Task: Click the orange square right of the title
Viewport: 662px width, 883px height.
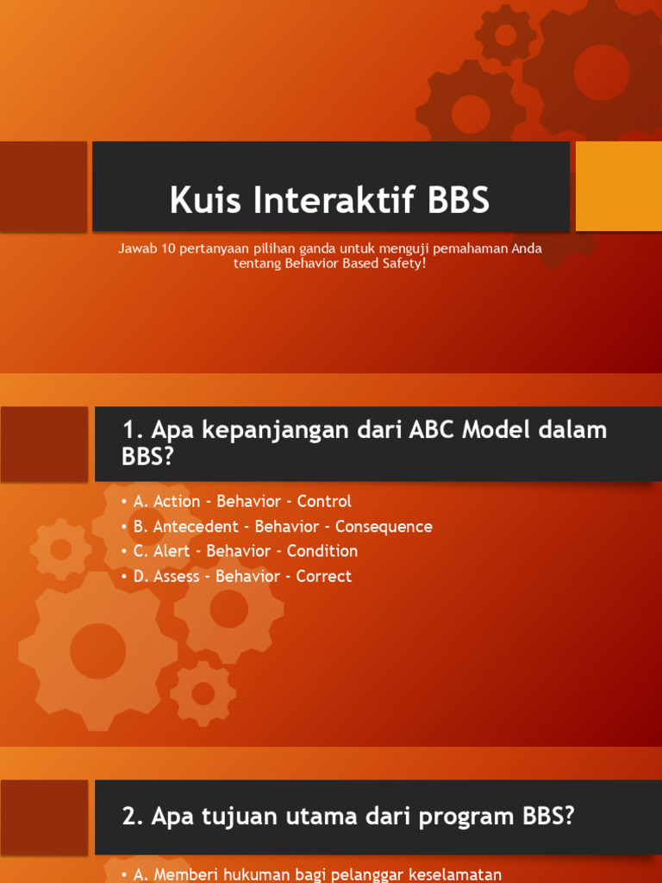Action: click(x=618, y=186)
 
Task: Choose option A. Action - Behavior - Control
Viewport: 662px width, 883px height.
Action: click(x=241, y=501)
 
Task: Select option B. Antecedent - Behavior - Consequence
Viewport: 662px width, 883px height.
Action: click(x=282, y=526)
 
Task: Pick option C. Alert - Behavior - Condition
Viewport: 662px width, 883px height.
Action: click(x=245, y=551)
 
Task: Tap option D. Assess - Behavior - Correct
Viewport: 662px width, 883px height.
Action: click(x=241, y=576)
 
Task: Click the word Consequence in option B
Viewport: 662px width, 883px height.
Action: click(x=384, y=526)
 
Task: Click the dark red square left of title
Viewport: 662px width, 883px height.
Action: click(x=43, y=186)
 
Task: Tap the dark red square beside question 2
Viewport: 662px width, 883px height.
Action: click(x=44, y=817)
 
